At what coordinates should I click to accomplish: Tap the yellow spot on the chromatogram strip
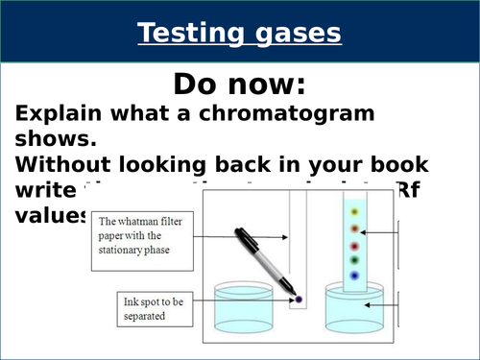(x=356, y=211)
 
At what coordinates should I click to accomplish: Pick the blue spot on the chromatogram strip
(x=355, y=276)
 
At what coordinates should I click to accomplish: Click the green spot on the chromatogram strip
(x=355, y=258)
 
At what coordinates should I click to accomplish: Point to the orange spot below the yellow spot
(x=355, y=228)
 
